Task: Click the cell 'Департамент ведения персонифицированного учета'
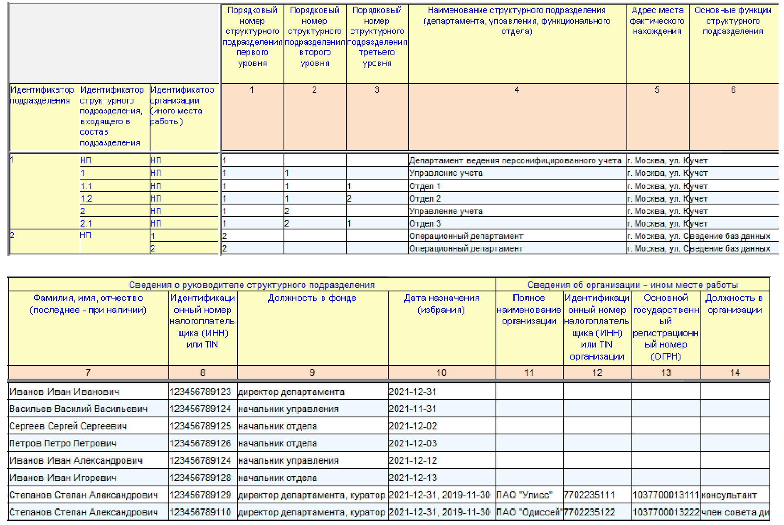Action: coord(515,161)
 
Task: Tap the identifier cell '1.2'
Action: coord(86,199)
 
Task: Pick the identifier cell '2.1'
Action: coord(86,224)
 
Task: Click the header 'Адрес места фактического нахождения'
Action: coord(657,21)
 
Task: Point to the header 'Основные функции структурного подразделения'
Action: coord(733,21)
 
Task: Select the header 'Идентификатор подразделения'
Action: coord(42,95)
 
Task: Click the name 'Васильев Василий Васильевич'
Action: coord(79,409)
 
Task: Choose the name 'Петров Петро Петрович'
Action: coord(63,444)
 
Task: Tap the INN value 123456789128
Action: coord(200,478)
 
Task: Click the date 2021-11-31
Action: coord(412,409)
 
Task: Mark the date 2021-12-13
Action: coord(412,478)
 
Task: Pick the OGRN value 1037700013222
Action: coord(666,513)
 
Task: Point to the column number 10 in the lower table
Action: coord(441,373)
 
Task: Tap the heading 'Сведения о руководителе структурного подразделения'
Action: coord(251,285)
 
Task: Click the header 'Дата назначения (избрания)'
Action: coord(441,304)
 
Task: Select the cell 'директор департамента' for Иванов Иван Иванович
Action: coord(291,392)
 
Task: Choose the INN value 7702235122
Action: coord(589,513)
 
